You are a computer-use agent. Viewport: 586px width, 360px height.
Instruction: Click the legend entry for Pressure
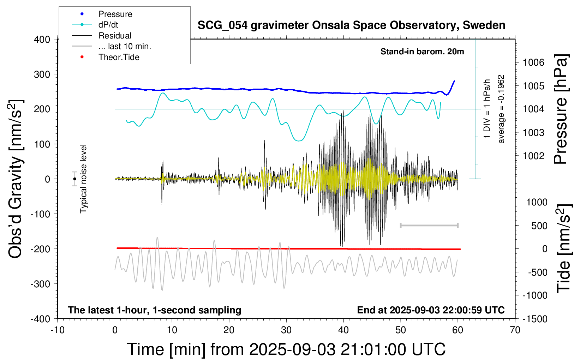pyautogui.click(x=115, y=14)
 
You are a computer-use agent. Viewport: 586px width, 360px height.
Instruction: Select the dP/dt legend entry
pyautogui.click(x=108, y=25)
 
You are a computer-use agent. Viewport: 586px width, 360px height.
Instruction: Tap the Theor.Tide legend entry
pyautogui.click(x=119, y=57)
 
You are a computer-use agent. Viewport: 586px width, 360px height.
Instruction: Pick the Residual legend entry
pyautogui.click(x=115, y=36)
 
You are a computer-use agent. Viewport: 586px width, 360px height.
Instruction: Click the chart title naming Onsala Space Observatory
pyautogui.click(x=351, y=25)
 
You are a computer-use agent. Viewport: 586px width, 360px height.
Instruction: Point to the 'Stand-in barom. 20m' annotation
pyautogui.click(x=422, y=52)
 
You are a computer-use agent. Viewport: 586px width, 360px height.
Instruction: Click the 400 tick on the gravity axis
pyautogui.click(x=42, y=40)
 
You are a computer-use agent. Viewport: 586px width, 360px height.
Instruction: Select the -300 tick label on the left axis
pyautogui.click(x=40, y=284)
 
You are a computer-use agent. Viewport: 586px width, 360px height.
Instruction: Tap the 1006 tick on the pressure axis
pyautogui.click(x=533, y=63)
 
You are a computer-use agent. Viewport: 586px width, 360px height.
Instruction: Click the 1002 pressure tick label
pyautogui.click(x=533, y=156)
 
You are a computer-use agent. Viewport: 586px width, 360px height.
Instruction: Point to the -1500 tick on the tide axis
pyautogui.click(x=535, y=319)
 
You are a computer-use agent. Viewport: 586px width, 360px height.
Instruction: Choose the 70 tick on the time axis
pyautogui.click(x=515, y=330)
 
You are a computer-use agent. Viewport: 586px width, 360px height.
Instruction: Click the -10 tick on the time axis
pyautogui.click(x=58, y=330)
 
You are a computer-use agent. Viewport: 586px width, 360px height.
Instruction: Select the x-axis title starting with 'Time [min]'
pyautogui.click(x=286, y=349)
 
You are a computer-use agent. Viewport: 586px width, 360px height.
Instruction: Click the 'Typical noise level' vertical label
pyautogui.click(x=83, y=179)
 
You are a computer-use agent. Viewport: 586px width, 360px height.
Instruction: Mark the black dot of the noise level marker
pyautogui.click(x=74, y=179)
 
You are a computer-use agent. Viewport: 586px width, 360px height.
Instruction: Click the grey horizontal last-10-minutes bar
pyautogui.click(x=429, y=225)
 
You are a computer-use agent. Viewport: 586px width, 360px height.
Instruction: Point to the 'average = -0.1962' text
pyautogui.click(x=501, y=109)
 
